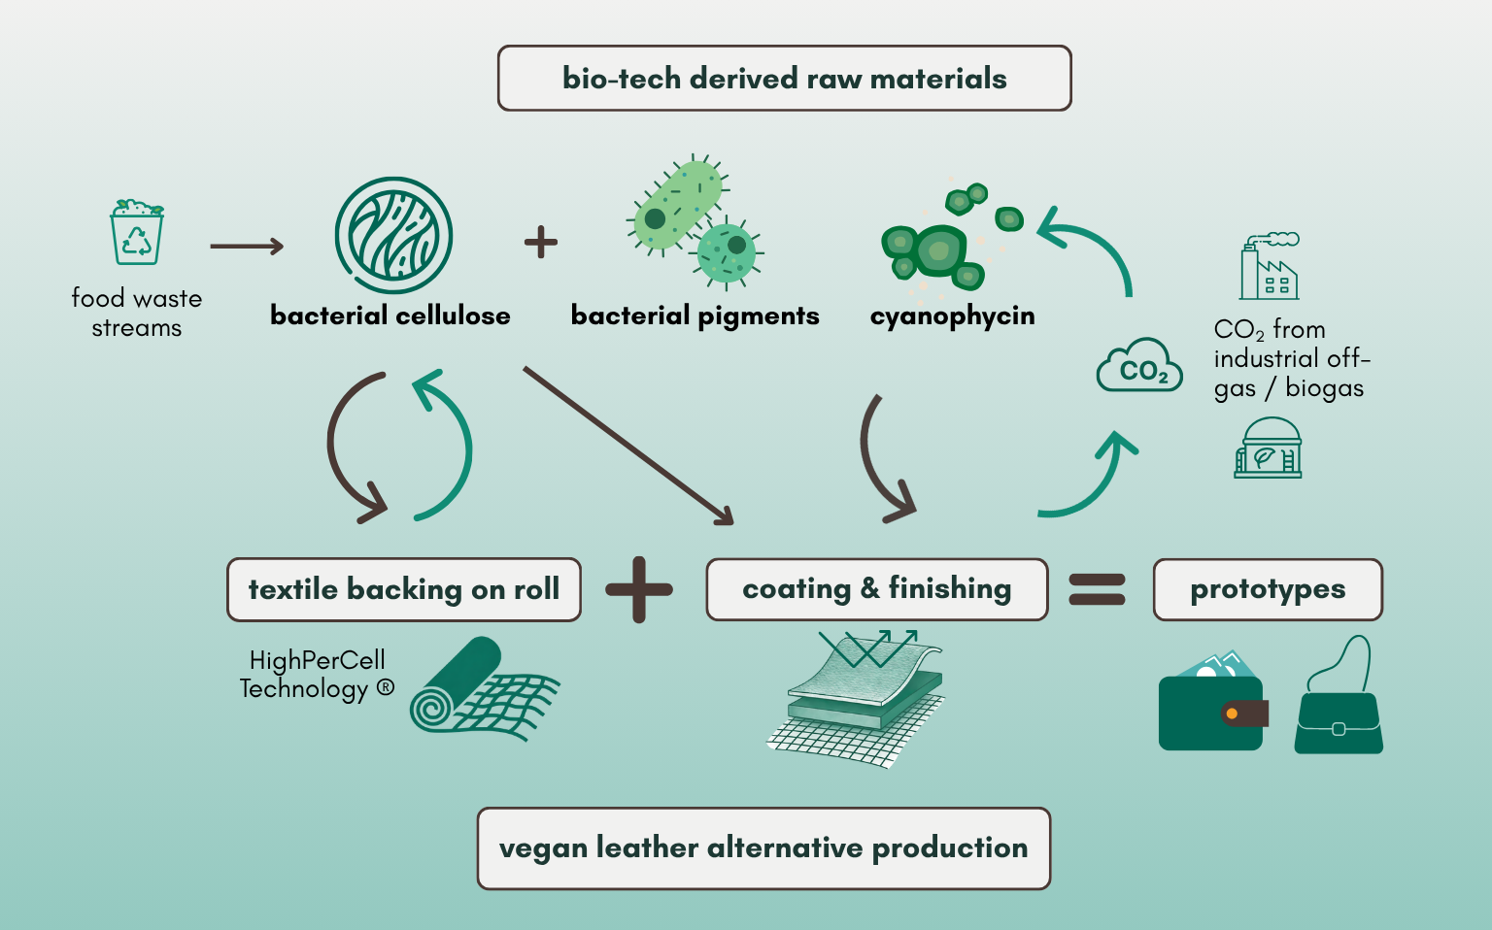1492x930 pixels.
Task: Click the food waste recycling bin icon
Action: [x=137, y=232]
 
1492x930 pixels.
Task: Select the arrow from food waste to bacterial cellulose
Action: [x=247, y=247]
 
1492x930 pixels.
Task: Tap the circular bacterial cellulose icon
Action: [x=393, y=235]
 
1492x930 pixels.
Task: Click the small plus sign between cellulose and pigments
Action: [x=541, y=242]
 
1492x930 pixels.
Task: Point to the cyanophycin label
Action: [x=953, y=316]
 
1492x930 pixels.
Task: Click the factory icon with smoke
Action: [x=1270, y=266]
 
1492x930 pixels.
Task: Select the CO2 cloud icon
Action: [x=1139, y=365]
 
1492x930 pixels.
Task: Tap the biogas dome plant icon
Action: [x=1268, y=448]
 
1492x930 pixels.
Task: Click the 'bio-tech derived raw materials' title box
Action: [x=784, y=78]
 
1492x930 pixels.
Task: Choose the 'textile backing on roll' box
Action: [x=404, y=590]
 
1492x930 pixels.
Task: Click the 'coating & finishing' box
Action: [x=876, y=589]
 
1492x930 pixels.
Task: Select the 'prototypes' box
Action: [x=1268, y=590]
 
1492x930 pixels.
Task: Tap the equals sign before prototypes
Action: [x=1097, y=590]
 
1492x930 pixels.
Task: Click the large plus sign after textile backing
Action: [x=639, y=590]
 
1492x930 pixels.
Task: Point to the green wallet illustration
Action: [x=1213, y=702]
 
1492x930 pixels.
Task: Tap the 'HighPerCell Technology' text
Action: [x=317, y=675]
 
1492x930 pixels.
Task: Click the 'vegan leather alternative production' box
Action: [x=763, y=848]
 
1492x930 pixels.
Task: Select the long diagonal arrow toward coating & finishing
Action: [x=628, y=446]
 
